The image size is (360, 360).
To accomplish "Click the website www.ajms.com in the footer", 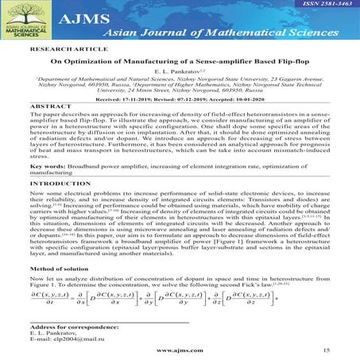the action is [178, 349].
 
